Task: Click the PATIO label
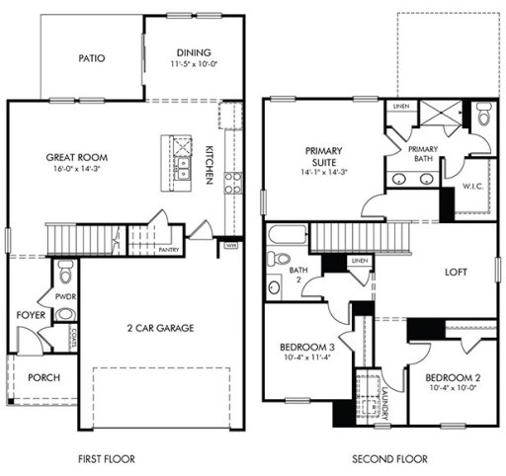tap(92, 57)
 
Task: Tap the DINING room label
tap(194, 53)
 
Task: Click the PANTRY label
tap(169, 250)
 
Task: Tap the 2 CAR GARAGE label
tap(158, 327)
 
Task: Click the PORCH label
tap(42, 376)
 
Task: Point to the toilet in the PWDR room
tap(65, 270)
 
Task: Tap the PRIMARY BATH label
tap(423, 154)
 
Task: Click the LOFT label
tap(455, 272)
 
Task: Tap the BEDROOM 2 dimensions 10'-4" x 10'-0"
tap(452, 389)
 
